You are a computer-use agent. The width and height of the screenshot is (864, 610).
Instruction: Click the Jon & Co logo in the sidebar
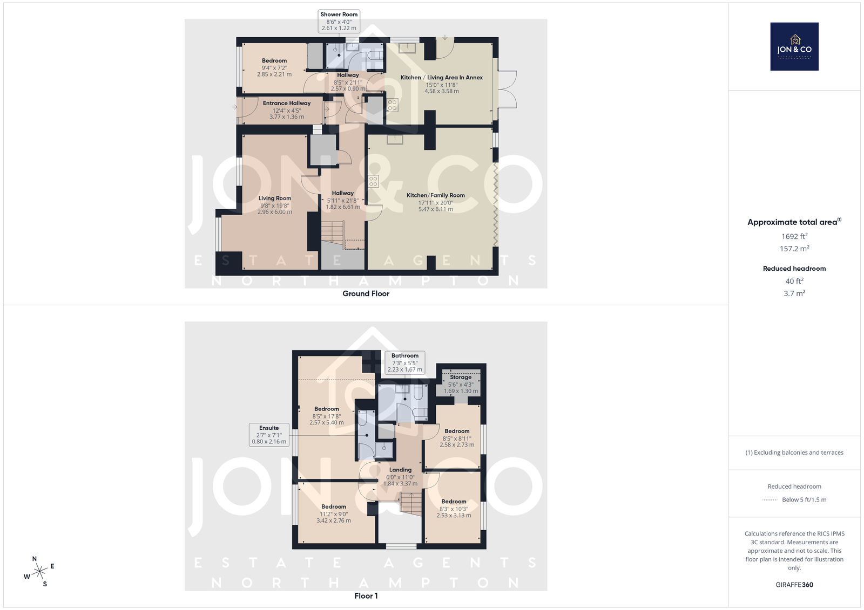pyautogui.click(x=794, y=46)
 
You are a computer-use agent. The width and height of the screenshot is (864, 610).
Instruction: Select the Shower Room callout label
pyautogui.click(x=339, y=21)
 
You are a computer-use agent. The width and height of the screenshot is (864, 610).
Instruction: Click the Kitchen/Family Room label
pyautogui.click(x=436, y=202)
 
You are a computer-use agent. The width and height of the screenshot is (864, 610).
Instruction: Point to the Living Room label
pyautogui.click(x=275, y=205)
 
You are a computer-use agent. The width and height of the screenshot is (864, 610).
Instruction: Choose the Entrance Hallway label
pyautogui.click(x=287, y=110)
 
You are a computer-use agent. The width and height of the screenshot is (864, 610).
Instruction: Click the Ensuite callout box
pyautogui.click(x=269, y=435)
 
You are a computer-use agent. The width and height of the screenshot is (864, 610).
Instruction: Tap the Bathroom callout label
pyautogui.click(x=405, y=362)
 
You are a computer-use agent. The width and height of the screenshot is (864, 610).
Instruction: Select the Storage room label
pyautogui.click(x=461, y=384)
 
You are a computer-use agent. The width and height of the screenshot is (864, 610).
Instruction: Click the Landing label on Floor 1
pyautogui.click(x=400, y=476)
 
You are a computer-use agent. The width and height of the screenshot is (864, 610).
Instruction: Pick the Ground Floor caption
pyautogui.click(x=366, y=293)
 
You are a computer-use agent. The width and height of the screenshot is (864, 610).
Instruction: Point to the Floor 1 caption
pyautogui.click(x=366, y=596)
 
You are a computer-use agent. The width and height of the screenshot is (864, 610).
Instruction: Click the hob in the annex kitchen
pyautogui.click(x=392, y=105)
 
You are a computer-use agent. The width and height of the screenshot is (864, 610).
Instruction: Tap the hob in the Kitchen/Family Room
pyautogui.click(x=373, y=181)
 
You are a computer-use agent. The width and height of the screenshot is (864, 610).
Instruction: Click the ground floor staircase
pyautogui.click(x=333, y=232)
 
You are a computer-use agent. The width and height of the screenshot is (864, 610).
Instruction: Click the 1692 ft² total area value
pyautogui.click(x=794, y=236)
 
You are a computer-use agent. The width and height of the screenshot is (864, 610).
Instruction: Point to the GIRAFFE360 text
pyautogui.click(x=794, y=585)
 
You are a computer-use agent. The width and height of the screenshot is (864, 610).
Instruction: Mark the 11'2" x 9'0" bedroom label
pyautogui.click(x=334, y=513)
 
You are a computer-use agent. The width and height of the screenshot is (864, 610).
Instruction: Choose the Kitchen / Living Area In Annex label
pyautogui.click(x=442, y=84)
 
